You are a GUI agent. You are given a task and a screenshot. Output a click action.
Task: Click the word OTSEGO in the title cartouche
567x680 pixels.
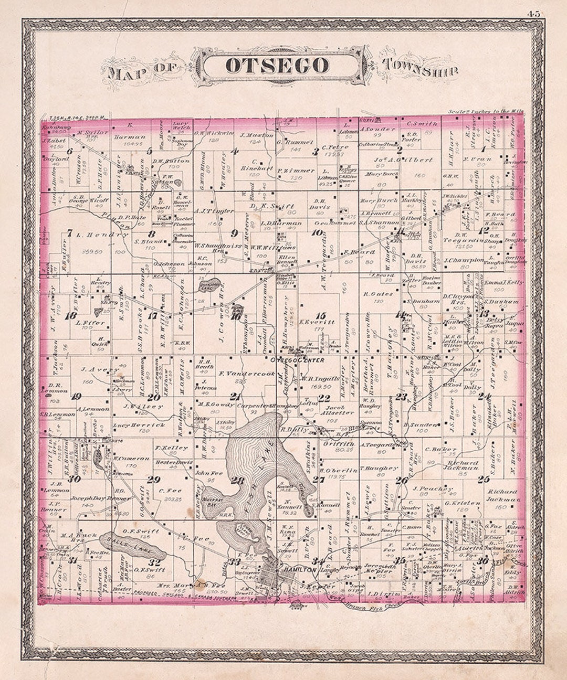tap(277, 66)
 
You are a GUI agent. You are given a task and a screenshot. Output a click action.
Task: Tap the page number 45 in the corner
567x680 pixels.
tap(534, 14)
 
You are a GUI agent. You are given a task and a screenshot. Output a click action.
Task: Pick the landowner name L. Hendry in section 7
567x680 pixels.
tap(94, 234)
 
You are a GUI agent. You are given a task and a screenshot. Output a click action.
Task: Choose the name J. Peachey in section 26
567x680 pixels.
tap(433, 488)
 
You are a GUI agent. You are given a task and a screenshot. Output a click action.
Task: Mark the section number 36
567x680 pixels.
tap(484, 560)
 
